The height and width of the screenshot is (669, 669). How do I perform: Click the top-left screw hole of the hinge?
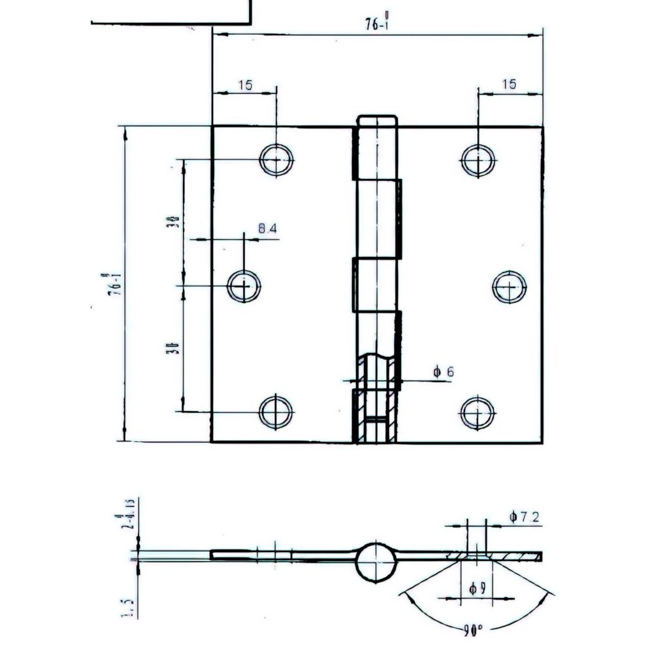(x=276, y=159)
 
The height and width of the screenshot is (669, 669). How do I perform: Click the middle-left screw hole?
(x=244, y=286)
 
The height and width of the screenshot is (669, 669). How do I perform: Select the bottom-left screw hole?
(x=276, y=412)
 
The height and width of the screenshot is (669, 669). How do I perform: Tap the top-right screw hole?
(x=478, y=159)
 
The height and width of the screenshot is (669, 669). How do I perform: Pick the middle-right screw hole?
(x=510, y=286)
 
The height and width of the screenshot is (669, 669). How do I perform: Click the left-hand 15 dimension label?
(x=245, y=85)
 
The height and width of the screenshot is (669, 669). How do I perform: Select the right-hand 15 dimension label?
(x=510, y=84)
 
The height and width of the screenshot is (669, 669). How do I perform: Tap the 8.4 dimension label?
(x=267, y=229)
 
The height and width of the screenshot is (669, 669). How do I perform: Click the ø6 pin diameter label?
(x=443, y=372)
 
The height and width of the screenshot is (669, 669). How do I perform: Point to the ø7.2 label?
(x=525, y=517)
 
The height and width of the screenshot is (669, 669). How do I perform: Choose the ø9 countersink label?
(x=477, y=589)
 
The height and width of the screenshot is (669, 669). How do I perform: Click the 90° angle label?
(x=473, y=631)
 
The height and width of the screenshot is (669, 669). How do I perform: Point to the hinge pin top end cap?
(x=377, y=121)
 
